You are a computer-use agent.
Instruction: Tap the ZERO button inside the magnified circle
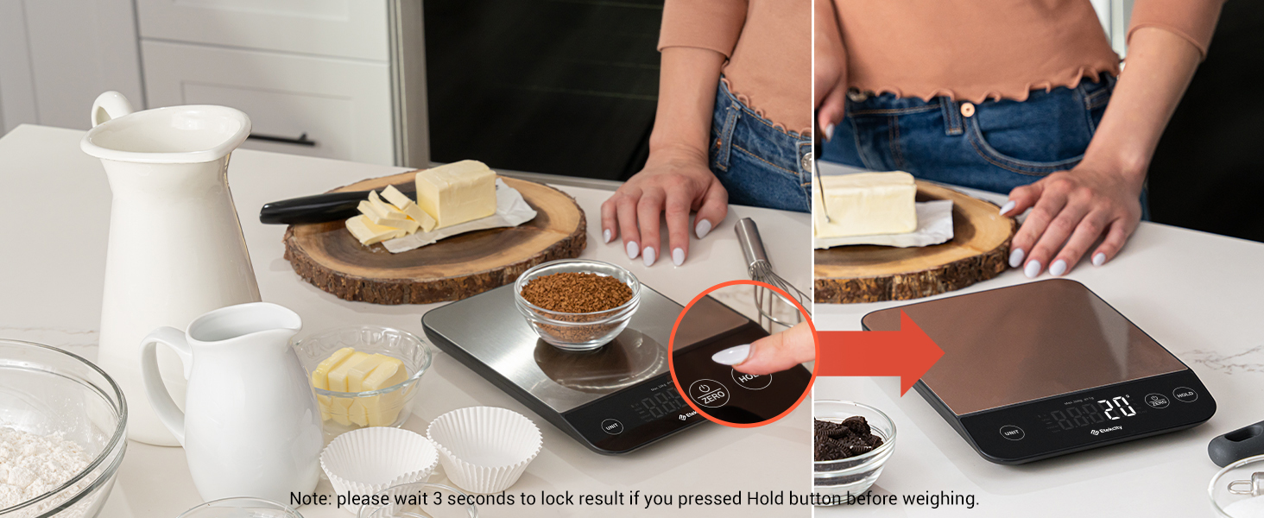pos(709,393)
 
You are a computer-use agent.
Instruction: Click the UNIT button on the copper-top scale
pos(1012,433)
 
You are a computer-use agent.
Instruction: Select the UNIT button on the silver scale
pos(611,426)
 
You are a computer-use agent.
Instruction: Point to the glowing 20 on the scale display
pos(1116,408)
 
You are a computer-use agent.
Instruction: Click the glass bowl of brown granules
pos(577,302)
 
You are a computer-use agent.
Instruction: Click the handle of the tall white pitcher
pos(109,109)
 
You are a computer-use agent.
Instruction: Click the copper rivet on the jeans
pos(967,110)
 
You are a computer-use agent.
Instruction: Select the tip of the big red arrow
pos(943,352)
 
